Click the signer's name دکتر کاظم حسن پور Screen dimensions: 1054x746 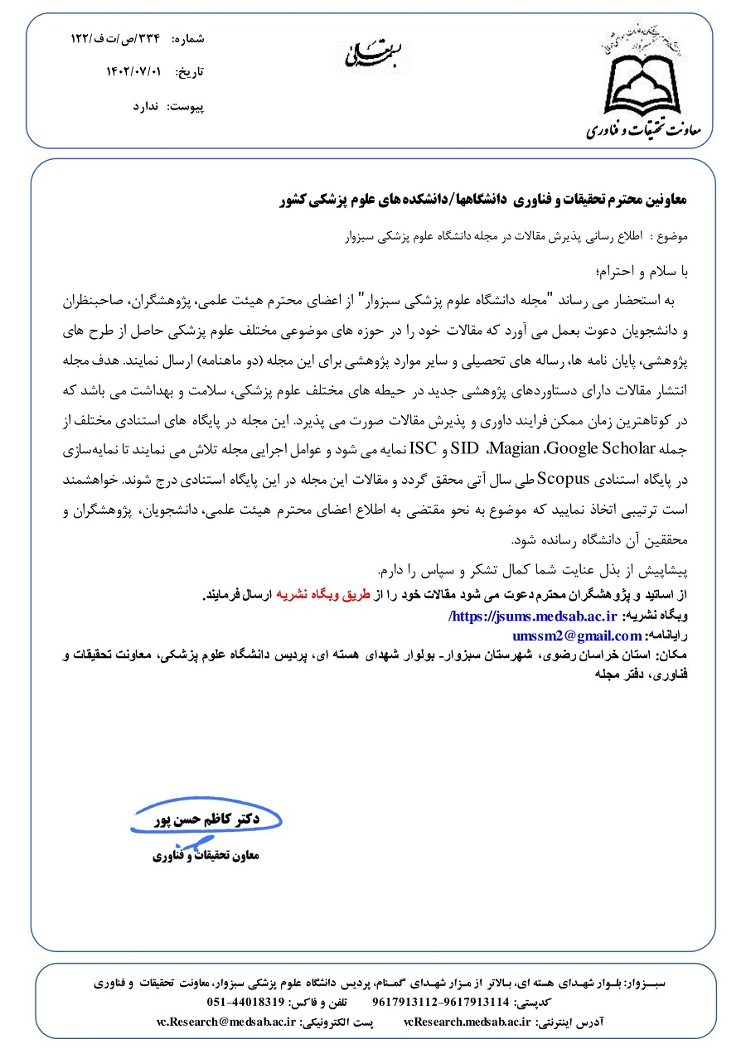[x=210, y=820]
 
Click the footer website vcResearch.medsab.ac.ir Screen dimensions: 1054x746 [x=467, y=1022]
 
